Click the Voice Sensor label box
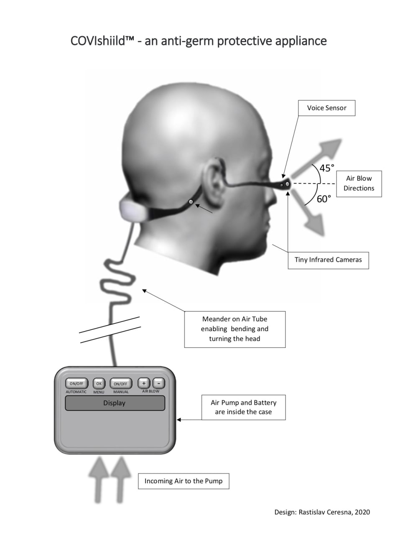click(x=326, y=108)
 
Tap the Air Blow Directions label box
click(x=359, y=184)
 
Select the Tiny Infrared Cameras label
click(x=328, y=260)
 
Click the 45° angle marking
click(x=327, y=168)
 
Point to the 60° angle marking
click(x=324, y=199)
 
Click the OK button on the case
click(x=99, y=383)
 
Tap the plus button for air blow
click(x=144, y=383)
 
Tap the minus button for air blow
click(x=158, y=383)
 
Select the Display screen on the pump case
click(x=115, y=403)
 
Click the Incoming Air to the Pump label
click(x=184, y=481)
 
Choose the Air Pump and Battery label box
click(x=243, y=407)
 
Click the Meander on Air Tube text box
click(x=234, y=329)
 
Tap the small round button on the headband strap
click(x=191, y=202)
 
